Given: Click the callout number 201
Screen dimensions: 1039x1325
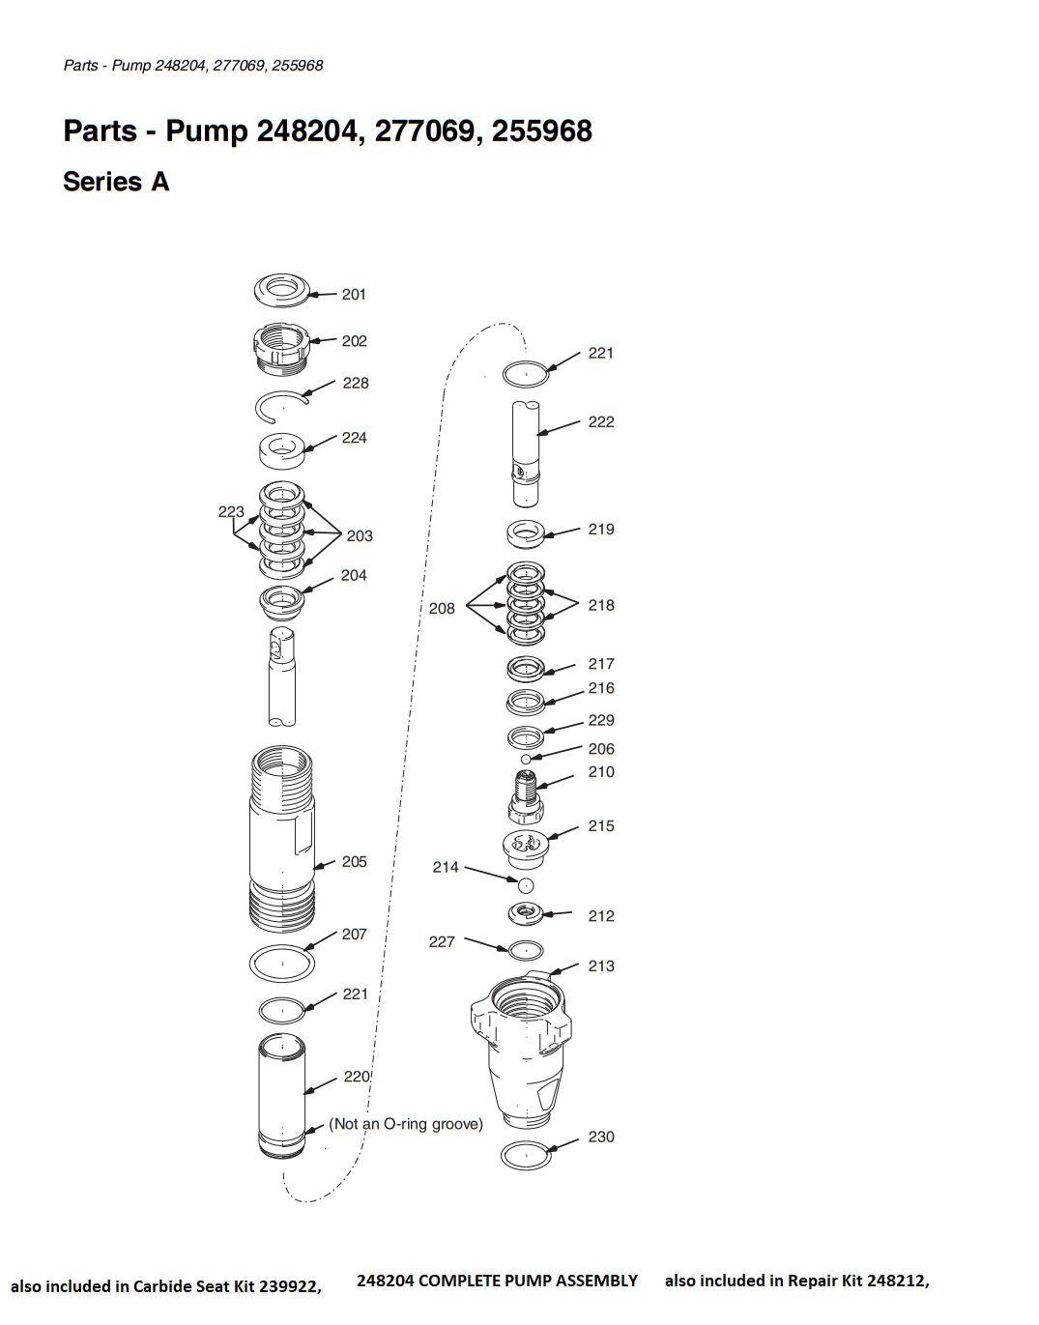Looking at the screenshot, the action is point(354,295).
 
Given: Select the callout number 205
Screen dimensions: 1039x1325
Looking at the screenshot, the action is point(355,862).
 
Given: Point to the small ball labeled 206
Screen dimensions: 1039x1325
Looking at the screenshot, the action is point(526,759).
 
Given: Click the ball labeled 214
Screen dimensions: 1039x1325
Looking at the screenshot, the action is point(526,885).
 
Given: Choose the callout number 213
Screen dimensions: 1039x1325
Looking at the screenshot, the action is point(601,966).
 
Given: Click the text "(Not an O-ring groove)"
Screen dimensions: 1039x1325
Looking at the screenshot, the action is point(406,1124).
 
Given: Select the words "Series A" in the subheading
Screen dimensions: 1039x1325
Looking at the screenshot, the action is point(116,181).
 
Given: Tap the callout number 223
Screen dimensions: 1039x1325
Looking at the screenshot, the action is point(231,512).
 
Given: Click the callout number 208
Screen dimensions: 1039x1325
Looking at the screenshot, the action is point(442,609).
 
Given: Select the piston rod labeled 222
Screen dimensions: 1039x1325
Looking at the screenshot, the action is point(526,453).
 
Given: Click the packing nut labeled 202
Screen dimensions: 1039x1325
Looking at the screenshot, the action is point(281,348).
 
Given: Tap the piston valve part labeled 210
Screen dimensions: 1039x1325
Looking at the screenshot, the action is point(526,795).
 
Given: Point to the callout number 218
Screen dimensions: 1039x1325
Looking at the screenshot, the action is point(601,606).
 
